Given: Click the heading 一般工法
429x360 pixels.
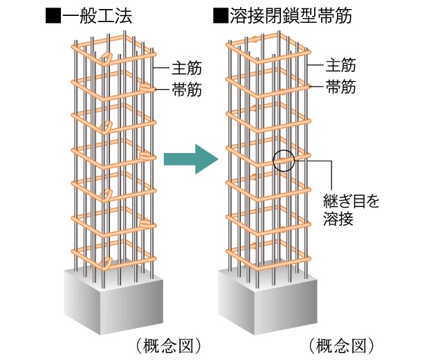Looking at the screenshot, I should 95,16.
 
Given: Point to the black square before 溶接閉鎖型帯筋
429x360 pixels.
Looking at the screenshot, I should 221,16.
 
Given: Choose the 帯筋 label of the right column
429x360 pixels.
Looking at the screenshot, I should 341,87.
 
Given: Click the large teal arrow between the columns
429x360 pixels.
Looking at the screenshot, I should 190,159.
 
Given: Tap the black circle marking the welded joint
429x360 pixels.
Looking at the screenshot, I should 284,161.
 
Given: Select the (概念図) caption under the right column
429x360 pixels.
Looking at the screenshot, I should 342,344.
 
